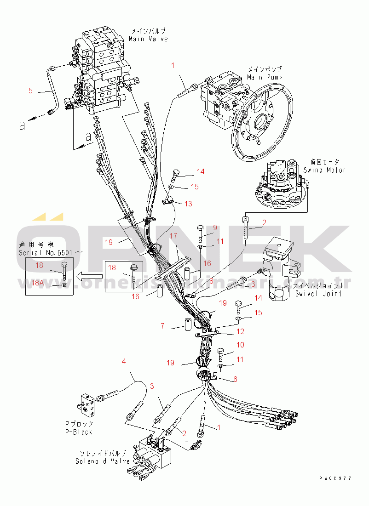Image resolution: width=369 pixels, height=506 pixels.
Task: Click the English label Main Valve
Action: click(148, 39)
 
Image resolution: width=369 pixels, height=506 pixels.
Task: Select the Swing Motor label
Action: click(324, 170)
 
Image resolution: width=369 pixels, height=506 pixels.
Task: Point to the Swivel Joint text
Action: click(318, 294)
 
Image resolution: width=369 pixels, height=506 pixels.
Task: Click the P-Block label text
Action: click(78, 432)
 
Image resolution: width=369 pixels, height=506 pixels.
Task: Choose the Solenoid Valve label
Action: click(103, 461)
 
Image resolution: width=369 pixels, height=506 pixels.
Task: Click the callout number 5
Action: click(30, 91)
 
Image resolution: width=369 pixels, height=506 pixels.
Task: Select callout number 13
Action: click(189, 204)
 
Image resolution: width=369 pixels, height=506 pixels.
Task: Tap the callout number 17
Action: click(173, 236)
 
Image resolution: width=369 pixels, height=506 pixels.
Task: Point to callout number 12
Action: click(240, 331)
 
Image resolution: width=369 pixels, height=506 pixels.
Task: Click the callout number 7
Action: click(162, 326)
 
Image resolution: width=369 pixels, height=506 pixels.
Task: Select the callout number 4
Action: click(124, 362)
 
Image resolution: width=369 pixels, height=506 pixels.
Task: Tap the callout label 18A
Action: click(38, 283)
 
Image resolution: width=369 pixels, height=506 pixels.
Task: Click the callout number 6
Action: click(235, 379)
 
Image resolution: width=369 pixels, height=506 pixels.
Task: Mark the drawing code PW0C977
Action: click(335, 478)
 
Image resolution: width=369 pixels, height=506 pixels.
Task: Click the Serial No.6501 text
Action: click(51, 252)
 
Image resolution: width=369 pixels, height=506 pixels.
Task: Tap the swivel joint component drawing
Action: click(278, 271)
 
